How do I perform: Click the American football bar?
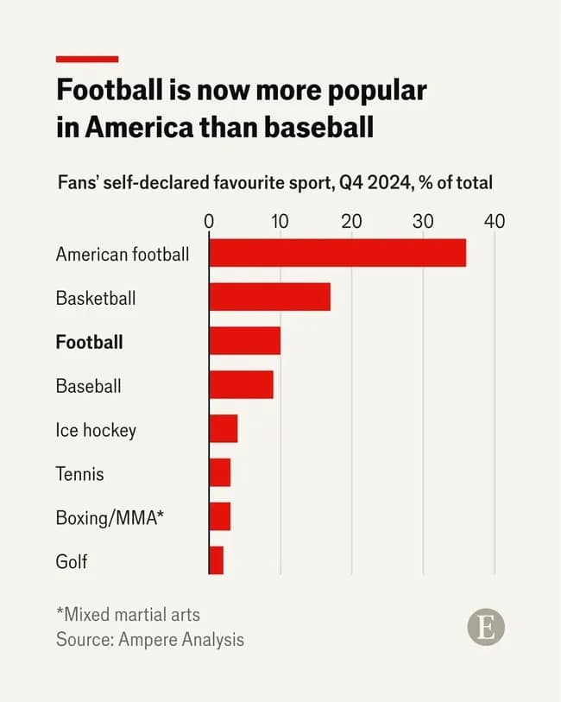(x=337, y=253)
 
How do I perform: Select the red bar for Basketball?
(x=269, y=297)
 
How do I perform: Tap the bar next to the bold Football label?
(x=244, y=341)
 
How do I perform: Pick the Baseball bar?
(x=241, y=385)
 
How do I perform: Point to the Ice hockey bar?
(x=223, y=429)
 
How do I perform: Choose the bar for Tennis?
(x=219, y=473)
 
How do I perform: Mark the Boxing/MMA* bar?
(x=219, y=517)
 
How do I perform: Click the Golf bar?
(x=216, y=561)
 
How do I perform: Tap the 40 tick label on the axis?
(x=494, y=221)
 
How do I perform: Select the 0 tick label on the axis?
(x=209, y=221)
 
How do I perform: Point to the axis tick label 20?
(x=351, y=221)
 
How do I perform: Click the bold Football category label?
(x=89, y=342)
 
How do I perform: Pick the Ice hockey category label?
(x=96, y=430)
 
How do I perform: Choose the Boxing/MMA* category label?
(x=110, y=518)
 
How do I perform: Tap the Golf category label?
(x=72, y=562)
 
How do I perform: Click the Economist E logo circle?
(x=486, y=628)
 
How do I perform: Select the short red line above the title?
(x=87, y=59)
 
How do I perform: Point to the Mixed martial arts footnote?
(x=128, y=615)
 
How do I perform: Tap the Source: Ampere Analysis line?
(x=150, y=640)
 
